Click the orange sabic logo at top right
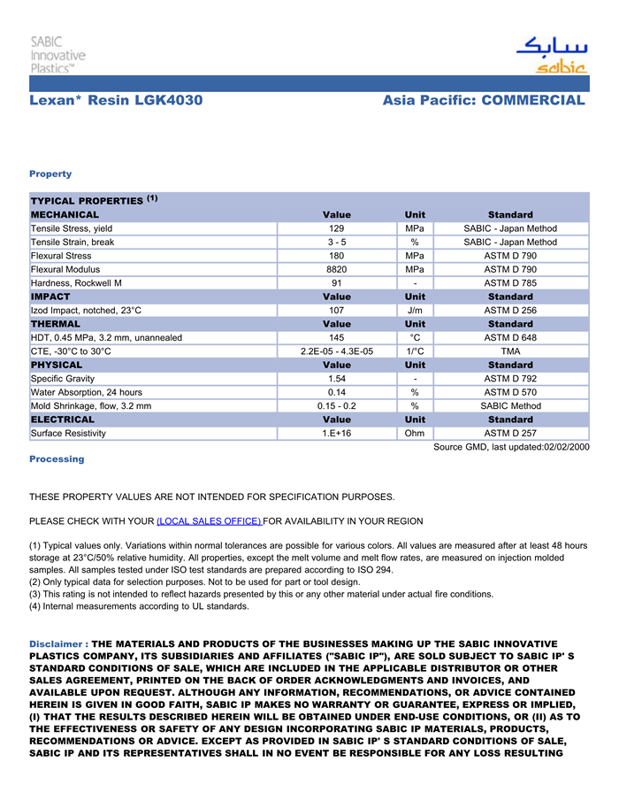click(x=551, y=56)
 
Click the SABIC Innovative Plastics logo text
click(x=58, y=55)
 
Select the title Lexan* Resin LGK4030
click(x=116, y=101)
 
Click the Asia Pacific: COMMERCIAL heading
click(x=484, y=101)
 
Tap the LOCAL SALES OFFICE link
click(x=210, y=521)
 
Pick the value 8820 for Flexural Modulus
click(x=337, y=269)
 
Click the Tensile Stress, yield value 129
click(x=337, y=228)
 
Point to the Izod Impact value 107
click(x=337, y=311)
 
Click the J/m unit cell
click(x=415, y=311)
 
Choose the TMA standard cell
click(x=510, y=351)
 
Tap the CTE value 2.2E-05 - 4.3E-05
click(x=337, y=351)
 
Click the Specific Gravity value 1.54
click(x=337, y=379)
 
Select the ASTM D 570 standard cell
click(x=510, y=392)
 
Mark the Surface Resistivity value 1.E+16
click(x=337, y=434)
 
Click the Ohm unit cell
click(x=415, y=434)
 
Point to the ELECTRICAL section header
click(x=63, y=420)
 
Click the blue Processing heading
click(x=57, y=459)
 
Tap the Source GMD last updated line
click(x=510, y=448)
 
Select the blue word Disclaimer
click(x=57, y=643)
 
